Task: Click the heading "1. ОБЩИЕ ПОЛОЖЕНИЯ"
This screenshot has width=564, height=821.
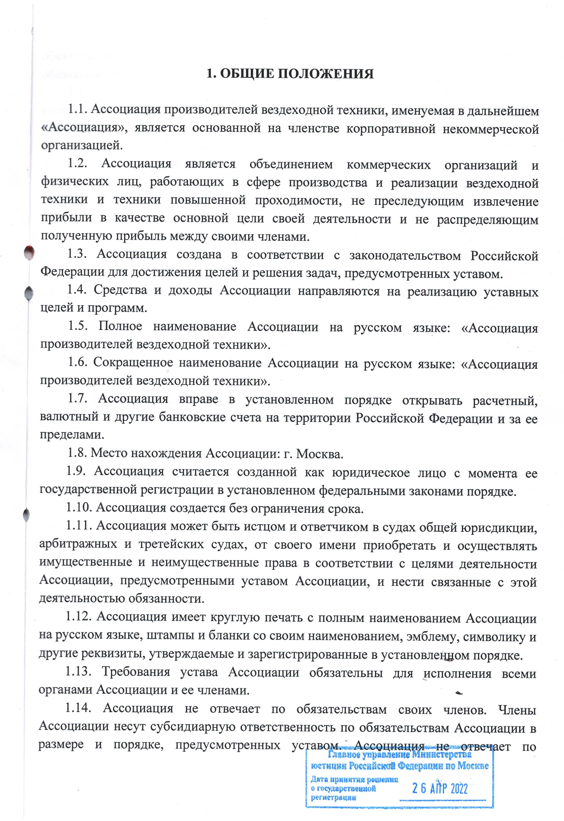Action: tap(290, 74)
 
